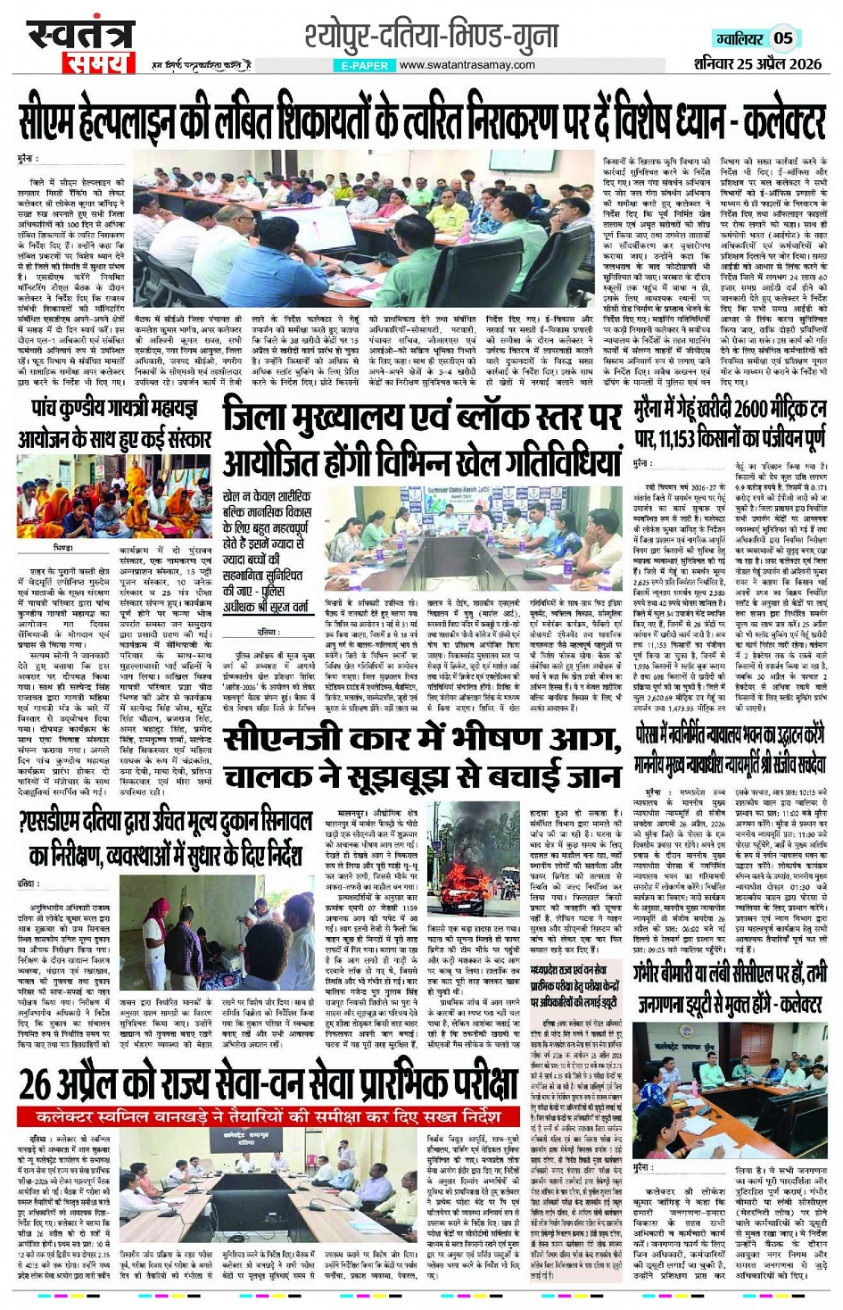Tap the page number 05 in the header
click(x=782, y=37)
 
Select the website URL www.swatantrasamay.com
click(x=467, y=65)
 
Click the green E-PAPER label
click(x=365, y=65)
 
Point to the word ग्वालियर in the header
click(x=738, y=38)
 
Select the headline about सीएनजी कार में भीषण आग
click(x=421, y=759)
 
